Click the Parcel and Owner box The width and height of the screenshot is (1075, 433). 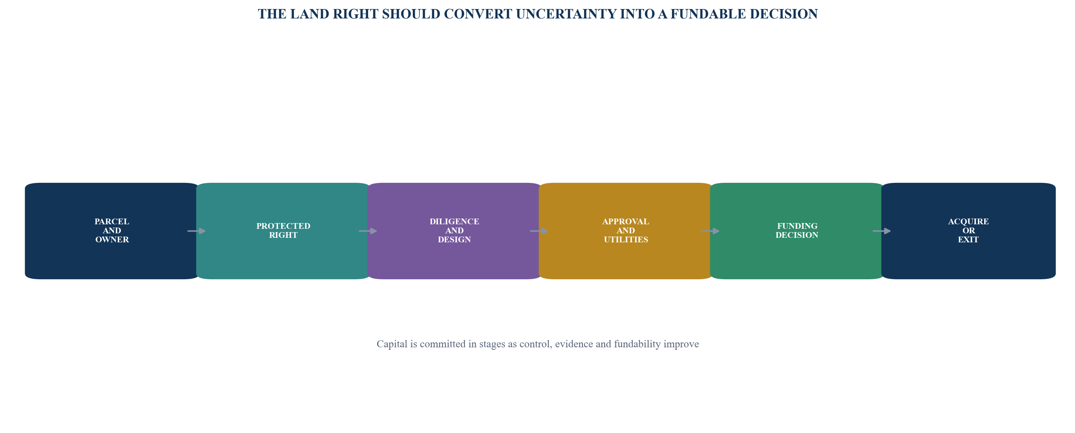pos(112,231)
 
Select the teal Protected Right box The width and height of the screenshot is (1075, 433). pos(283,231)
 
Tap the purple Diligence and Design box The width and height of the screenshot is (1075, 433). pos(454,231)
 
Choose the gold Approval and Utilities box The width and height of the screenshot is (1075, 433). pos(626,231)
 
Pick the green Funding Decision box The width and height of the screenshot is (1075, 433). pos(797,231)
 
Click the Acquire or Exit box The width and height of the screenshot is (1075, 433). pos(968,231)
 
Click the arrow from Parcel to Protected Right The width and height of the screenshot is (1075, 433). pos(196,231)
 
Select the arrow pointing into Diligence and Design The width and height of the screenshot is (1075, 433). pos(368,231)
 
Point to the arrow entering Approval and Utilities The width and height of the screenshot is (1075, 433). pos(539,231)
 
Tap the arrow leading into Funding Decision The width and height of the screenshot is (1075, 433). pos(710,231)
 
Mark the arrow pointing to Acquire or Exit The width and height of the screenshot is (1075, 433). pos(882,231)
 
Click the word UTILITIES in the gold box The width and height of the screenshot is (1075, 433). pos(626,239)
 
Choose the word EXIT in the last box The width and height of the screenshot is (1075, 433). pos(968,239)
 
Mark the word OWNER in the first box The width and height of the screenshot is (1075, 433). pos(112,239)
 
